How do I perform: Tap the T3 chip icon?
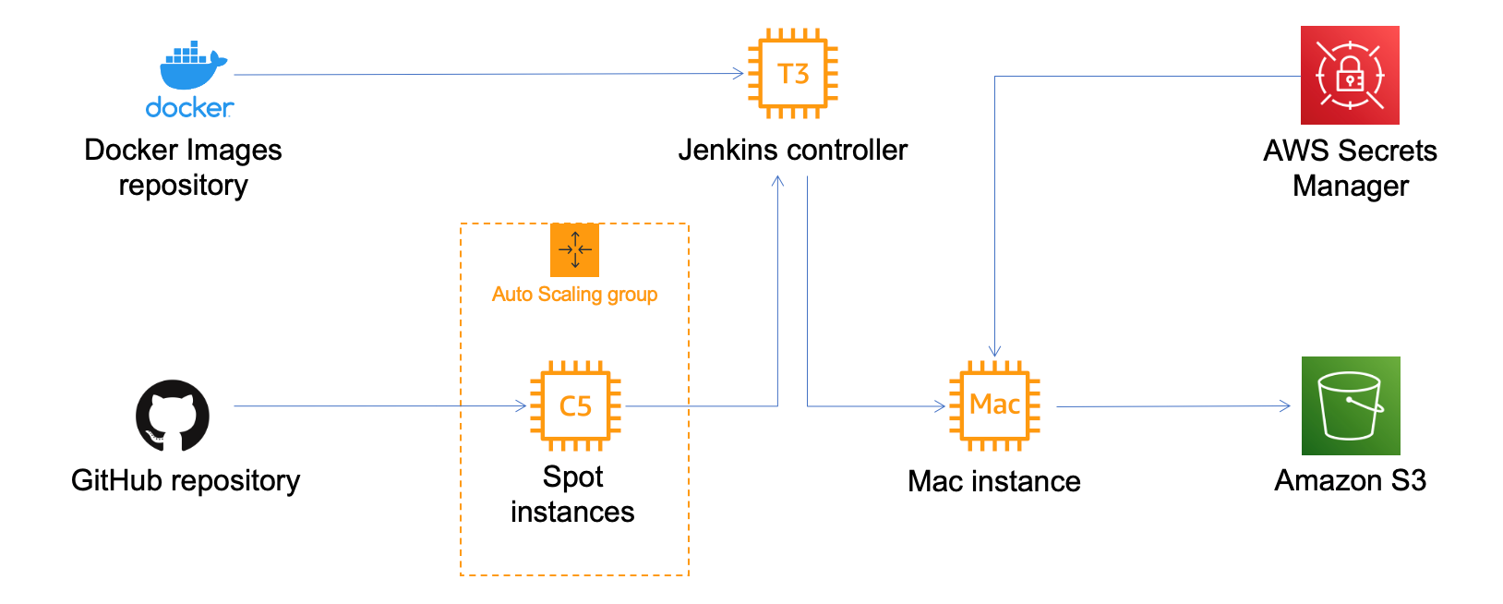pos(793,74)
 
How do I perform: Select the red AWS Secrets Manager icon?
pos(1350,75)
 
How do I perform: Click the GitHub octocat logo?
pos(173,415)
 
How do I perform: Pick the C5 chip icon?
pos(575,405)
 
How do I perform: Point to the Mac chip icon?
pos(994,405)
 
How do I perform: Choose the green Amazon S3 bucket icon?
pos(1351,405)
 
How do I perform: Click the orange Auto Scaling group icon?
pos(574,250)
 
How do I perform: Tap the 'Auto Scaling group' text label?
pos(574,295)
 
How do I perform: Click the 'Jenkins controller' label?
pos(792,150)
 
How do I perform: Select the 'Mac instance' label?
pos(993,481)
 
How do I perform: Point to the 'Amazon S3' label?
pos(1350,480)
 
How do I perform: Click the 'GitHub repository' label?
pos(186,480)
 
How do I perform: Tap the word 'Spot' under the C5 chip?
pos(572,477)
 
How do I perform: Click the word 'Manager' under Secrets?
pos(1350,186)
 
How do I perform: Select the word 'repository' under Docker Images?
pos(183,186)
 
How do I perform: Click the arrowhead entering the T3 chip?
pos(739,73)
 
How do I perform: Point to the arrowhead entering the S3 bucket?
pos(1285,405)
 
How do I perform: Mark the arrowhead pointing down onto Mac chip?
pos(994,351)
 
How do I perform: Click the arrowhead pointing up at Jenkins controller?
pos(777,181)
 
